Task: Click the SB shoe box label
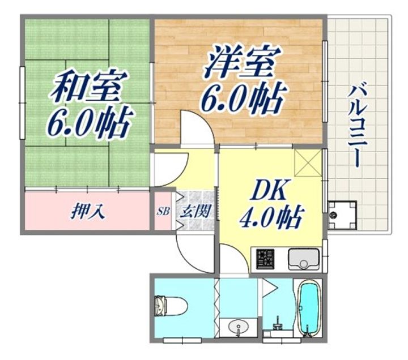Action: (x=163, y=212)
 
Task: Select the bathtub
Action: (x=308, y=308)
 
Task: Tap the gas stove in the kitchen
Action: (x=265, y=260)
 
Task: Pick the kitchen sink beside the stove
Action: (x=303, y=260)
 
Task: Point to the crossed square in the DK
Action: (x=309, y=163)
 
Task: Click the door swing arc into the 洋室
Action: (x=195, y=127)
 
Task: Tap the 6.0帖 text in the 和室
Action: (x=90, y=122)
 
